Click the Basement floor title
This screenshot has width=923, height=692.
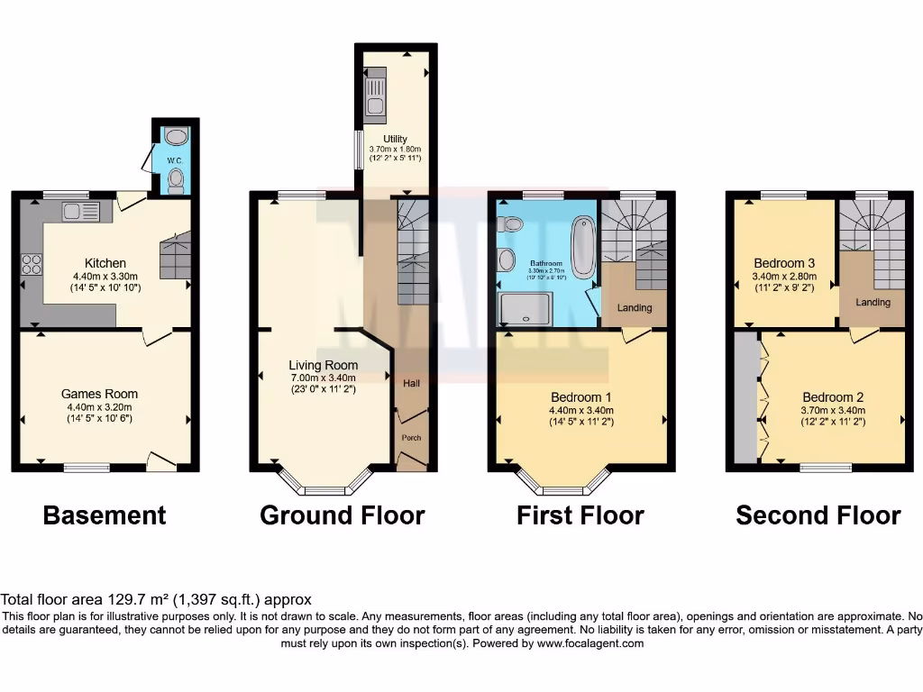(x=105, y=515)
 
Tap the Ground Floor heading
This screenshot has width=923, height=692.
(x=342, y=515)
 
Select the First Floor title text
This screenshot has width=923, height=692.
(x=580, y=515)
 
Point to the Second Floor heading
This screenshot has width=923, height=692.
(x=818, y=515)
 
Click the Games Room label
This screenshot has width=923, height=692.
(x=99, y=394)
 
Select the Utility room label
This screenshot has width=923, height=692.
(x=395, y=139)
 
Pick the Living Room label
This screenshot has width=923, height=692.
(x=323, y=365)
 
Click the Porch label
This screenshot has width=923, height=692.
(x=411, y=438)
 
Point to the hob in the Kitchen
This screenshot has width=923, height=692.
(x=32, y=265)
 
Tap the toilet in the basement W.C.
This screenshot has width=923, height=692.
(x=176, y=181)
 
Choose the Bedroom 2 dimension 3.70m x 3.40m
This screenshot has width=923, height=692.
(x=833, y=410)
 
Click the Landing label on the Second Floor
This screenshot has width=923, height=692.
(x=873, y=303)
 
